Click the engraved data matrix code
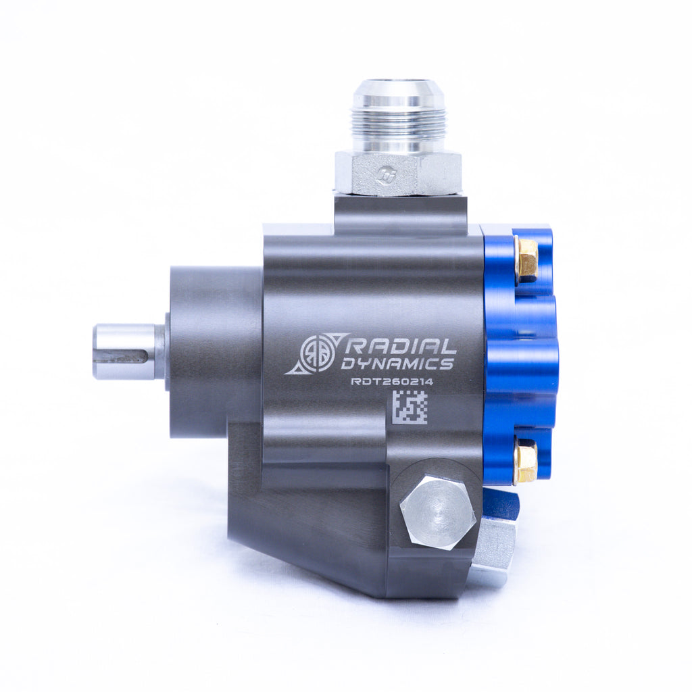click(410, 407)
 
